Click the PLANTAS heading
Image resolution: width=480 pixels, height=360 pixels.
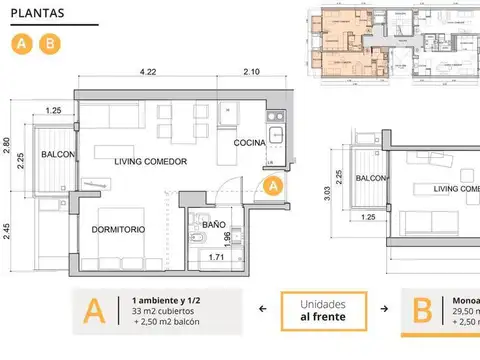pos(36,13)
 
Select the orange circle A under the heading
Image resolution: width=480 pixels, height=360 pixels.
pos(20,44)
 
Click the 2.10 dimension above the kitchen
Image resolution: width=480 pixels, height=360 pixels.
pos(252,72)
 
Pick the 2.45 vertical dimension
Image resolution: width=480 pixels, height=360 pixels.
pos(7,233)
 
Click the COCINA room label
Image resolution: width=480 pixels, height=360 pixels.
pos(250,143)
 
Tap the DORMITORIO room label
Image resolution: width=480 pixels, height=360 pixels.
pos(118,229)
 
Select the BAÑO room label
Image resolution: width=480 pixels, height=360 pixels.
pos(213,226)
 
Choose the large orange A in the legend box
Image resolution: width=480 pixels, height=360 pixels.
pos(95,312)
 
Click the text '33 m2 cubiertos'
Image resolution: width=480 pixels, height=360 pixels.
pos(168,310)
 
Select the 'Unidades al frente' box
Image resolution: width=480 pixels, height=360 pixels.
pos(327,311)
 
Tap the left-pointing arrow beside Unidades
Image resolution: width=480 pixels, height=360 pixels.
pos(262,310)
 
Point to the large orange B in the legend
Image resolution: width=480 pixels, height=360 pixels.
pos(423,312)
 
